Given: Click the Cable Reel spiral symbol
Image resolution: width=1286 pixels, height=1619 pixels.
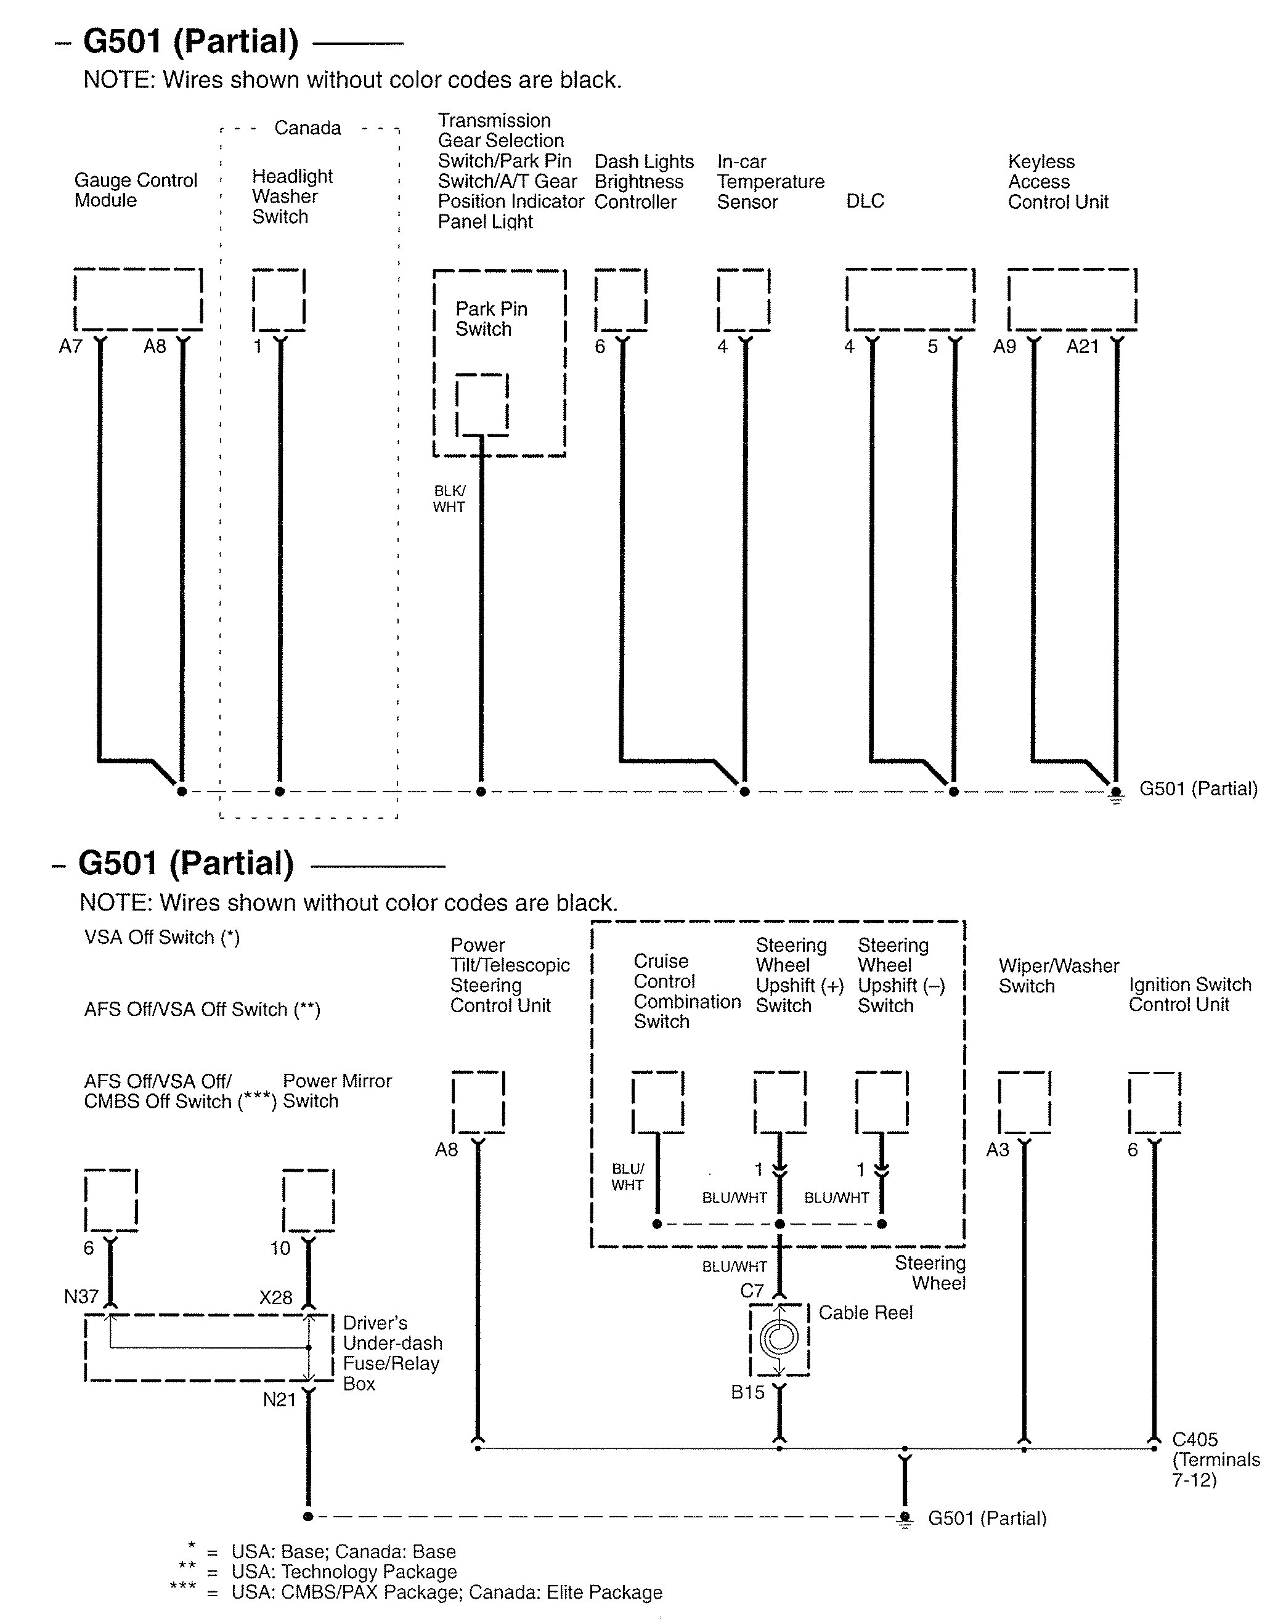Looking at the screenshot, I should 779,1337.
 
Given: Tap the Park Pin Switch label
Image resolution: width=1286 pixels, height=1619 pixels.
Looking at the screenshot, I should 491,319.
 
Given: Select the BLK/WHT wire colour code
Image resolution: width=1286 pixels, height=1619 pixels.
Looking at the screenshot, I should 449,498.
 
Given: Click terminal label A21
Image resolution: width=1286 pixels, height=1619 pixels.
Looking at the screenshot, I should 1083,347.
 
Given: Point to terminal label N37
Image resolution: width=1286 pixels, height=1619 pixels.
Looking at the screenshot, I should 81,1297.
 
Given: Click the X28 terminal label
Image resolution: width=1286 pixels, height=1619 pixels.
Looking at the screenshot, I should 275,1297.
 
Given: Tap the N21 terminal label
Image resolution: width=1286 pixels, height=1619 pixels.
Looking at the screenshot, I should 279,1400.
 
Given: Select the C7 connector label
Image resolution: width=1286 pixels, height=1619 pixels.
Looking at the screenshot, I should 752,1291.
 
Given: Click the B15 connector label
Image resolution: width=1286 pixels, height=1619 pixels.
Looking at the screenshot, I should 747,1392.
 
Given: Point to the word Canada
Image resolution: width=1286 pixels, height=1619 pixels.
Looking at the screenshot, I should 307,128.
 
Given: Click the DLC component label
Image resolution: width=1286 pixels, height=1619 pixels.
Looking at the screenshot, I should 865,201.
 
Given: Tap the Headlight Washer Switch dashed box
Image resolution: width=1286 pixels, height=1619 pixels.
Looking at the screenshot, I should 279,299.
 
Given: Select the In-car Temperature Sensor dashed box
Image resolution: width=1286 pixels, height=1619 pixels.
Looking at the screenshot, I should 744,299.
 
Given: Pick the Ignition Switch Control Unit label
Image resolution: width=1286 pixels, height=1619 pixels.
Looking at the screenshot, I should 1190,994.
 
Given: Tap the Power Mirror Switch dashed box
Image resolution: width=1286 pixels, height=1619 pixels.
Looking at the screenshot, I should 309,1200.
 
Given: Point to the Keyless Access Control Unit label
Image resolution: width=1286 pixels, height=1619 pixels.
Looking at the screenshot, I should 1057,182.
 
